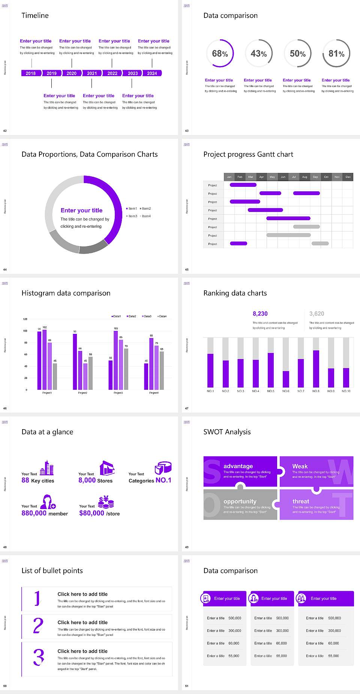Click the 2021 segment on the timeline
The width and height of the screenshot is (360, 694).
(92, 73)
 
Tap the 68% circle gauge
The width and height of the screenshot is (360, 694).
(220, 53)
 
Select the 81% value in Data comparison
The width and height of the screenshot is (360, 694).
(336, 54)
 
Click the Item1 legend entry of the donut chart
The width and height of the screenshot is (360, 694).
(132, 209)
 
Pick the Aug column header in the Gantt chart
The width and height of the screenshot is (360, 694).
(304, 177)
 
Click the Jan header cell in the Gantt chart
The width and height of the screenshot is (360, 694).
(229, 177)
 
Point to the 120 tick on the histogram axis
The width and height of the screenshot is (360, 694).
(25, 319)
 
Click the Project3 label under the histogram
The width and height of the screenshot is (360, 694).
(118, 393)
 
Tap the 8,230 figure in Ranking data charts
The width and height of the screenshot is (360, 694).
(260, 314)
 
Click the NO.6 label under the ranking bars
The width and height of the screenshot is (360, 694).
(286, 391)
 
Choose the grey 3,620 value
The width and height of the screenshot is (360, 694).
(316, 314)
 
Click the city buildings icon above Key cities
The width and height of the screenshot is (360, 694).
(47, 468)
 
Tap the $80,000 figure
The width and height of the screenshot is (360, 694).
(91, 513)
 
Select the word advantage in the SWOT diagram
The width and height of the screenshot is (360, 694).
(238, 466)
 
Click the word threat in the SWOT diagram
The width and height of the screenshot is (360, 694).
(301, 501)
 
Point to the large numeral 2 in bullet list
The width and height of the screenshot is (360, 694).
(38, 626)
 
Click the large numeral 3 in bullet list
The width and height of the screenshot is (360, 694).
(38, 657)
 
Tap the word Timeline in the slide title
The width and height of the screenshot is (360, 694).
(35, 15)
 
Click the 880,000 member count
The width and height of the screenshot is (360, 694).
(34, 513)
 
